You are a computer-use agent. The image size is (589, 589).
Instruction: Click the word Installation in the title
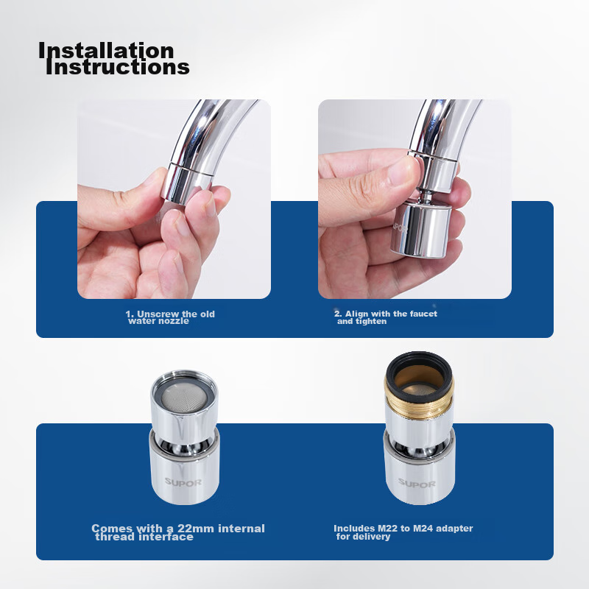106,51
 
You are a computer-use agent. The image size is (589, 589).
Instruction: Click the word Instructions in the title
118,67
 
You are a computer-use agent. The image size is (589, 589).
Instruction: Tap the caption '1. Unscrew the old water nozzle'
170,317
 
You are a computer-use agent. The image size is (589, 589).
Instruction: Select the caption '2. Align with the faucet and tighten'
386,317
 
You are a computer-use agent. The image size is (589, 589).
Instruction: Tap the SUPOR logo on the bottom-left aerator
183,482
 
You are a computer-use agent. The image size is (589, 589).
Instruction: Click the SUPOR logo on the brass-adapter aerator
416,484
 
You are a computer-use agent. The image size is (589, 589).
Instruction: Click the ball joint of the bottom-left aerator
184,446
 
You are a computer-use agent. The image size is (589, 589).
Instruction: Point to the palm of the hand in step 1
113,263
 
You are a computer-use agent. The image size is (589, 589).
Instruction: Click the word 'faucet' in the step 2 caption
423,314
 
